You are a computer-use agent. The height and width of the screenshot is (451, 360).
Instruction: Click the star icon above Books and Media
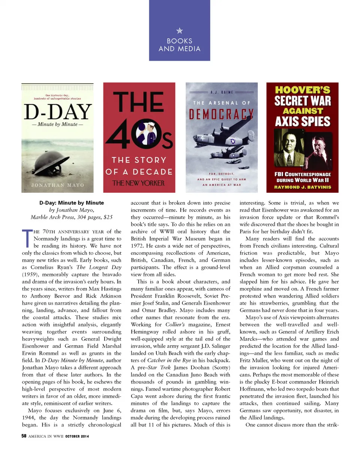(180, 31)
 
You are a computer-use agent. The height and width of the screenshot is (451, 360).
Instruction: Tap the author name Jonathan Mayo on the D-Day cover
(57, 185)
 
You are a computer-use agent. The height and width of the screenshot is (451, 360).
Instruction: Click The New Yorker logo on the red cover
(139, 183)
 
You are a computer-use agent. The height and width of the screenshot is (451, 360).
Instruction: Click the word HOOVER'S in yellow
(302, 90)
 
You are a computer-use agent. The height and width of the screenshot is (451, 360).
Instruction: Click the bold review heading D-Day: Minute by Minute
(72, 203)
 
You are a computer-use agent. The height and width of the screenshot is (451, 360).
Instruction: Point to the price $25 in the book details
(108, 217)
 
